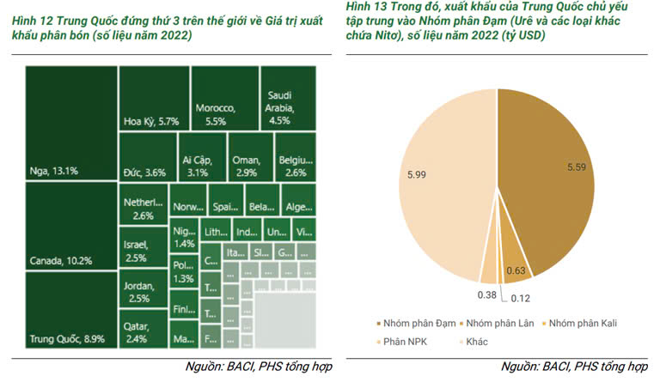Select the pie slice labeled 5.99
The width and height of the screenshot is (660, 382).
[x=430, y=180]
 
